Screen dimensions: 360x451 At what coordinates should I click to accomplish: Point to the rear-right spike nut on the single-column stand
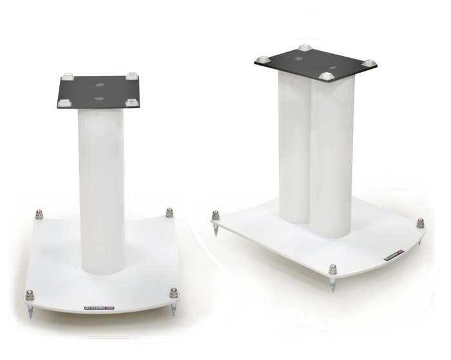pos(169,213)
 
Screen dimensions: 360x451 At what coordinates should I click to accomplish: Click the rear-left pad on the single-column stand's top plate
pos(68,77)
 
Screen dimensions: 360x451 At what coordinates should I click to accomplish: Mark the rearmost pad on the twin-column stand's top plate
pos(303,48)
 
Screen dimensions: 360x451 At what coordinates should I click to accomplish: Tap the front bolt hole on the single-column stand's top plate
pos(99,98)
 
